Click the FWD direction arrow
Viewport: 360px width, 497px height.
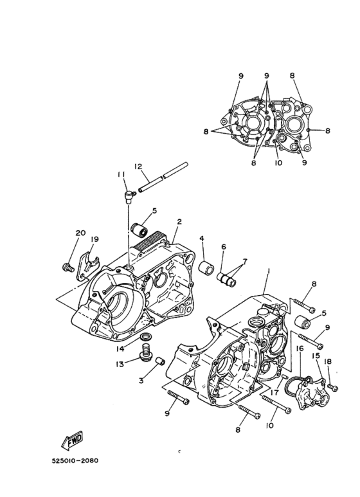tap(69, 441)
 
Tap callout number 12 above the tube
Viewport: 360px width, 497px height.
tap(138, 167)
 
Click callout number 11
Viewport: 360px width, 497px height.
tap(120, 174)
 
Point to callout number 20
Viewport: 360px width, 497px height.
tap(80, 233)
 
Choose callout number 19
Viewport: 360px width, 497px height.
tap(94, 239)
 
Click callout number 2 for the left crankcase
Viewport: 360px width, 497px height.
tap(179, 221)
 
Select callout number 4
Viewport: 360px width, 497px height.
tap(202, 239)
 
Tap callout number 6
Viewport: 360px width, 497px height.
tap(224, 246)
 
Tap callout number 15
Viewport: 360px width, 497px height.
tap(316, 355)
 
